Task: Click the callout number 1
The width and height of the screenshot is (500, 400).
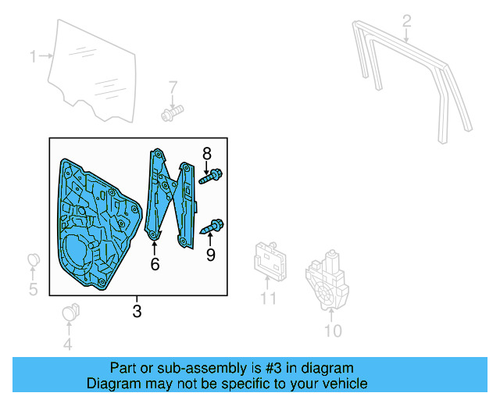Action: tap(34, 56)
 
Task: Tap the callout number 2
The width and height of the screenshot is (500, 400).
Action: tap(406, 20)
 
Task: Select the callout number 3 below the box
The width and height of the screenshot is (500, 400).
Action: tap(137, 312)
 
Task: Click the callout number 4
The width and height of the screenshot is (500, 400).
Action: tap(67, 345)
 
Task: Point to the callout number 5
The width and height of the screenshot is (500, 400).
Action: tap(33, 291)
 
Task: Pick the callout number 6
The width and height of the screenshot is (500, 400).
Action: tap(155, 265)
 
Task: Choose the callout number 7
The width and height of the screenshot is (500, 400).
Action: tap(173, 87)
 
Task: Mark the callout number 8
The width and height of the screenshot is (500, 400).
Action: tap(207, 153)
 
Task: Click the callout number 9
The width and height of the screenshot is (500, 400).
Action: tap(210, 255)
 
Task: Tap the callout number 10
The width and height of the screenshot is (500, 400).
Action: tap(333, 331)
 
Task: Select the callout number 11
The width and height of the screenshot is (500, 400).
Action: tap(269, 298)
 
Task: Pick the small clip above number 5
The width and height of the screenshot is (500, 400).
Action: tap(33, 259)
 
